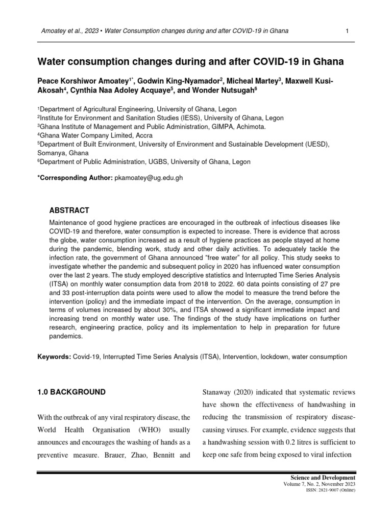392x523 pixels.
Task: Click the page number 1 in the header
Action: (x=347, y=32)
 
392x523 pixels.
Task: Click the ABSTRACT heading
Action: (x=69, y=210)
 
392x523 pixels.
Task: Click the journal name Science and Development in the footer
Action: (x=325, y=477)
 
